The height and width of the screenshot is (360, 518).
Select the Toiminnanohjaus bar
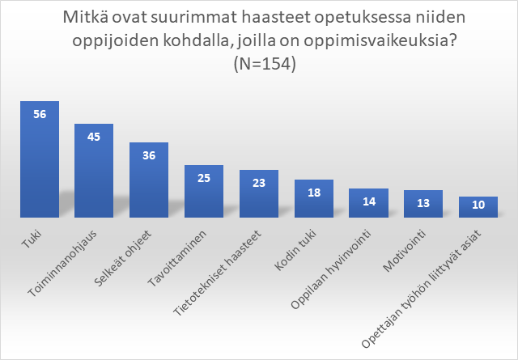(94, 171)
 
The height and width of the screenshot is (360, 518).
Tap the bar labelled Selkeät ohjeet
(149, 180)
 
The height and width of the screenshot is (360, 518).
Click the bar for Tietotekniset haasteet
(259, 194)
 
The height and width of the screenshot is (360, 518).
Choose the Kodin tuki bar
(313, 199)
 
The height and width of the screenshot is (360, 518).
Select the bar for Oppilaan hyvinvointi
(368, 203)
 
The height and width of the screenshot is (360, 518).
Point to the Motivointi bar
(422, 204)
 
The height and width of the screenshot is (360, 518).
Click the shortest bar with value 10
(478, 207)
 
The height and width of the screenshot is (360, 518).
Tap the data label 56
(40, 114)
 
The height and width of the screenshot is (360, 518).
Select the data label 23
(259, 183)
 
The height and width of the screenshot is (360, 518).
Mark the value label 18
(313, 192)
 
